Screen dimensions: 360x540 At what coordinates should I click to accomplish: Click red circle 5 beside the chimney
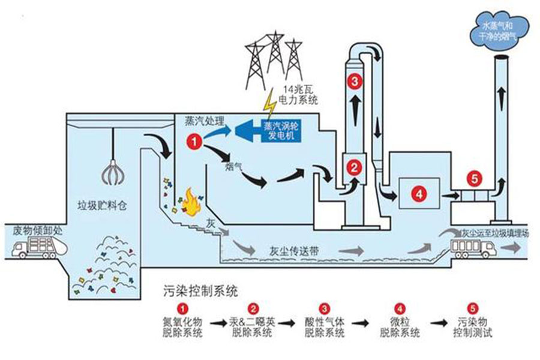[474, 178]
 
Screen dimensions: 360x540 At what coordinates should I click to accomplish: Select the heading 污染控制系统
[200, 292]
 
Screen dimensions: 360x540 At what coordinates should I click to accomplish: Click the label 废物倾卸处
[29, 230]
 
